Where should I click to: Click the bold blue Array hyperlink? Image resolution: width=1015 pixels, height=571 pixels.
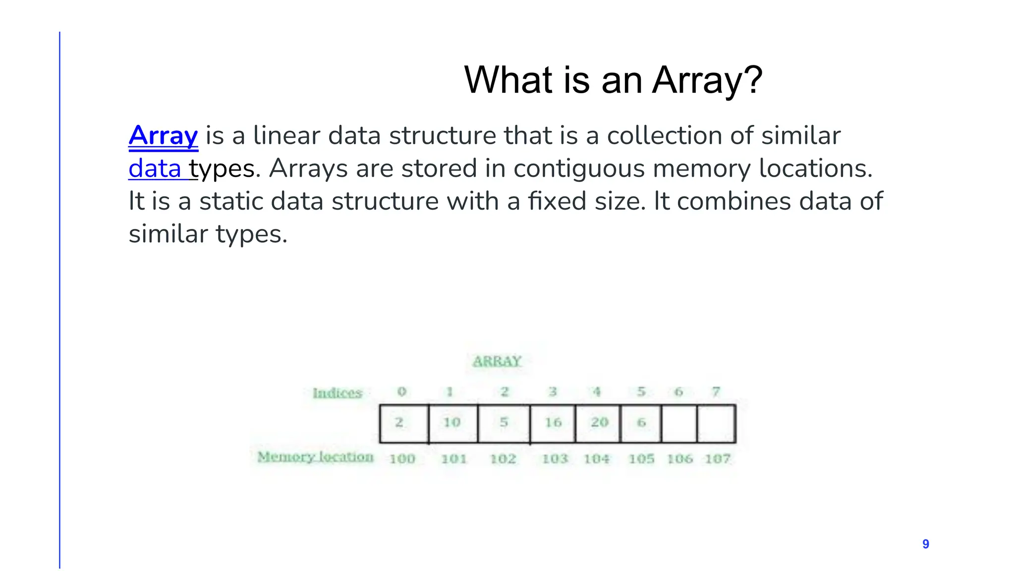click(163, 135)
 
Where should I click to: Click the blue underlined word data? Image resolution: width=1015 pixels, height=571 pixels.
click(155, 169)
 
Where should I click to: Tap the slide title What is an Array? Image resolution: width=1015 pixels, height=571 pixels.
click(613, 80)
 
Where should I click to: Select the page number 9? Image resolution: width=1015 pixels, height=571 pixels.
click(925, 544)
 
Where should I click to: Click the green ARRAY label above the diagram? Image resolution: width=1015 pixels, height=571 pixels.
click(497, 361)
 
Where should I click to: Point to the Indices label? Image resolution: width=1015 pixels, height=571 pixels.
click(338, 393)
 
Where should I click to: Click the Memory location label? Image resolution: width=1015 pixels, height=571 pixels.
click(315, 457)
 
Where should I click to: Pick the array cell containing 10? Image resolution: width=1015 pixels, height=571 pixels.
click(453, 423)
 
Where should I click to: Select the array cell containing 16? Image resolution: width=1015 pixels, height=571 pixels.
click(553, 423)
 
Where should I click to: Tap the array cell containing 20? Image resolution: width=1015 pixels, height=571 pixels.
click(598, 423)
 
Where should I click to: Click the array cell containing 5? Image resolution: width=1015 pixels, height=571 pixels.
click(504, 423)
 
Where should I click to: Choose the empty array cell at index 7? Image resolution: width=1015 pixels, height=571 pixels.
click(716, 423)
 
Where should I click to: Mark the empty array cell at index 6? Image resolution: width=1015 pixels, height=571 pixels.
click(679, 423)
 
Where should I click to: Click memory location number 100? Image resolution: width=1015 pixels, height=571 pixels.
click(402, 459)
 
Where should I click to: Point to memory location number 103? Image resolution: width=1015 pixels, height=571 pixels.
click(555, 459)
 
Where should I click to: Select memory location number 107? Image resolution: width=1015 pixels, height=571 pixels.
click(717, 459)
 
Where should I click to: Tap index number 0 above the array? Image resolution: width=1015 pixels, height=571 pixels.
click(402, 392)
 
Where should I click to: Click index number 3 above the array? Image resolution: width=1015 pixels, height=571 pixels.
click(553, 392)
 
